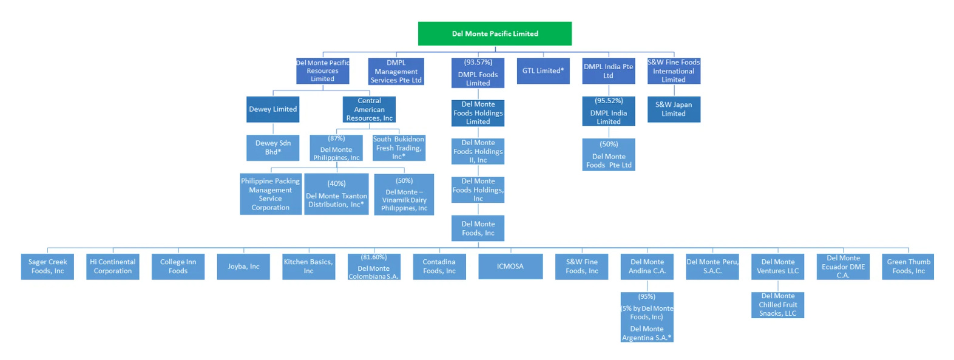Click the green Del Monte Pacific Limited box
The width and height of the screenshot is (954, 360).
click(x=495, y=33)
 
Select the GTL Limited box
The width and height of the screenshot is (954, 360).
click(x=543, y=70)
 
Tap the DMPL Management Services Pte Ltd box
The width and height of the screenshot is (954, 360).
click(x=396, y=71)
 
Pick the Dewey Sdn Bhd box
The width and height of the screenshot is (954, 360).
click(x=272, y=148)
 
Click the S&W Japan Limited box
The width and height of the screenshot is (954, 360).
click(x=674, y=109)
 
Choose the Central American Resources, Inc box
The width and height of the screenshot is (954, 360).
click(x=369, y=109)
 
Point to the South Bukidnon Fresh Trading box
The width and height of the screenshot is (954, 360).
click(x=399, y=148)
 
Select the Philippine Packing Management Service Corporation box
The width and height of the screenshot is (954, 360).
click(x=271, y=194)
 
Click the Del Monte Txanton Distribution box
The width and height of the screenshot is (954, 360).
click(x=336, y=194)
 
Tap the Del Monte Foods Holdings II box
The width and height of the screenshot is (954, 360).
click(x=478, y=152)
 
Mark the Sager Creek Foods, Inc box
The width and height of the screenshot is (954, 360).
click(x=47, y=267)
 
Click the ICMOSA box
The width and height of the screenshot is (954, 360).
click(x=510, y=267)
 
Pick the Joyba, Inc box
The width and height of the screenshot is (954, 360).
click(x=243, y=267)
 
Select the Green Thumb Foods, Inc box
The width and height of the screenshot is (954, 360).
click(x=908, y=267)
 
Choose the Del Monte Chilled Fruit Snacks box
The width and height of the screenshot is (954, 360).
click(x=777, y=305)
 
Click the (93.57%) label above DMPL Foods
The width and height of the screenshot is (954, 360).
click(x=478, y=63)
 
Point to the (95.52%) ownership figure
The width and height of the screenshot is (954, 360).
click(x=609, y=101)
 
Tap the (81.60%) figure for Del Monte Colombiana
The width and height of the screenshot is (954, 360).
click(x=374, y=257)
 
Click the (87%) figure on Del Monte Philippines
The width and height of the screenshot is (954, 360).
click(x=336, y=138)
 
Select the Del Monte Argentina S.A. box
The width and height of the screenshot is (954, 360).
click(x=647, y=333)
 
